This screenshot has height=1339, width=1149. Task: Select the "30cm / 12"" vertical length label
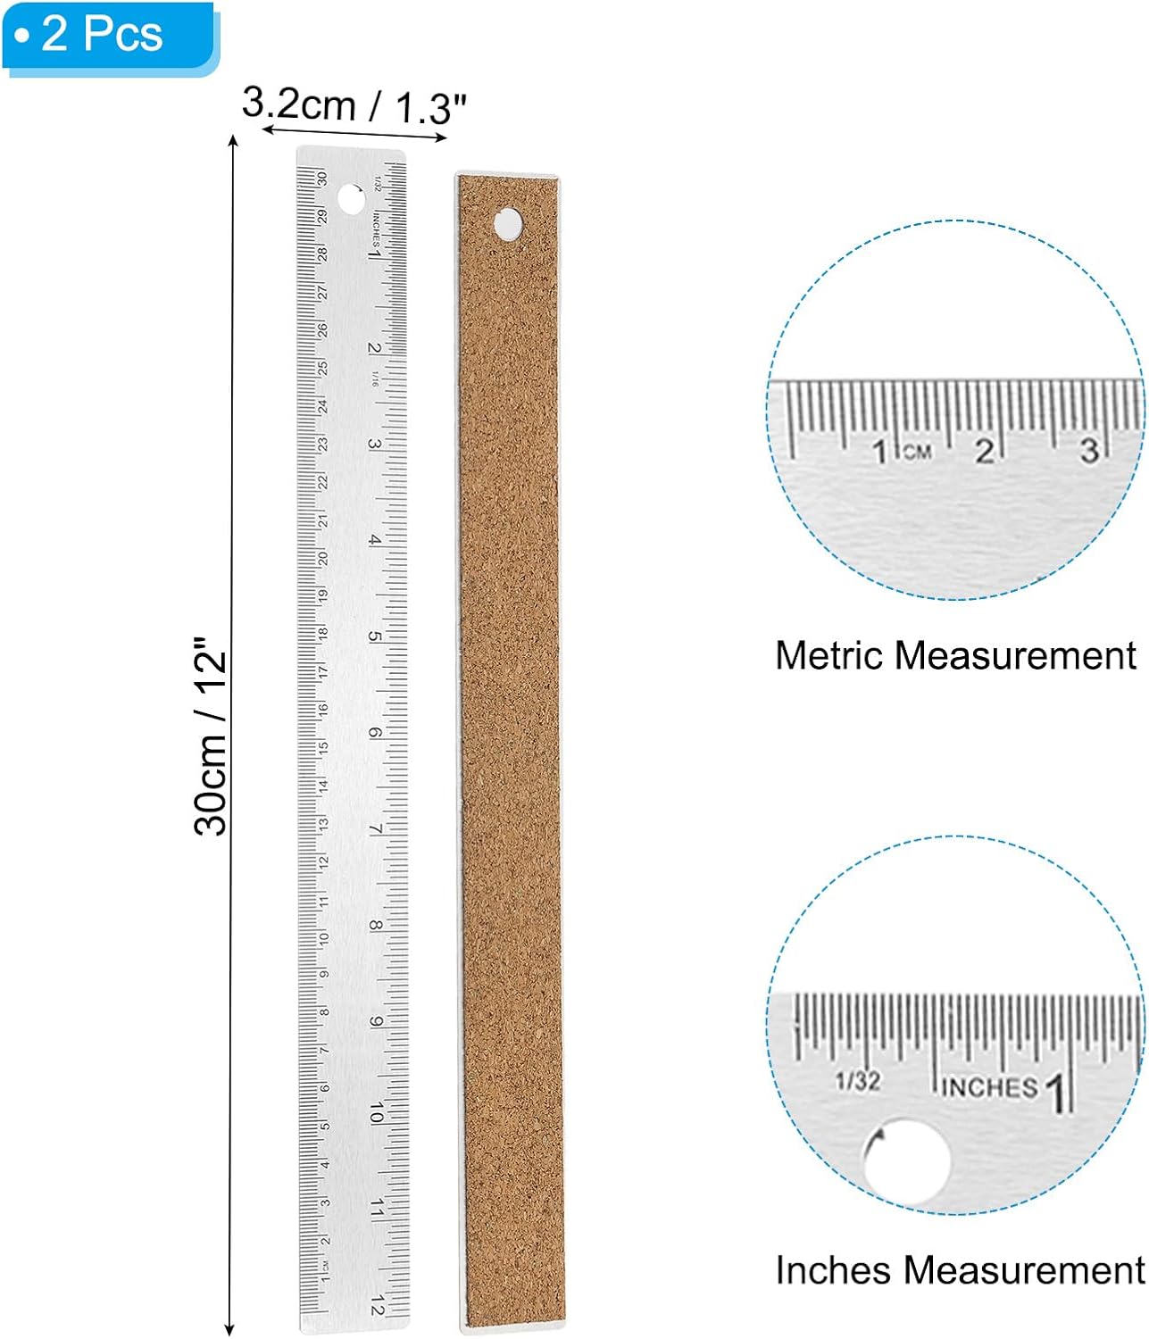(211, 736)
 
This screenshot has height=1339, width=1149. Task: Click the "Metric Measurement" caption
(954, 656)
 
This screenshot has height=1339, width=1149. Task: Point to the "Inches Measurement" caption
(959, 1270)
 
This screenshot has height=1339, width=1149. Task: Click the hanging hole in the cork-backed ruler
(508, 223)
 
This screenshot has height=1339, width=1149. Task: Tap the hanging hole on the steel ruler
(351, 200)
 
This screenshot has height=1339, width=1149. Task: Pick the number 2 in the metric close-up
(983, 451)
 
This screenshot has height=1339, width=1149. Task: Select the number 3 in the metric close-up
(1088, 450)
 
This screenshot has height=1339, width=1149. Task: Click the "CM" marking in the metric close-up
(917, 453)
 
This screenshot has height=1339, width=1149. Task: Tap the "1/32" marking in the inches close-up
(857, 1081)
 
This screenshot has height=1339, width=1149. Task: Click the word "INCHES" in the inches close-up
(989, 1087)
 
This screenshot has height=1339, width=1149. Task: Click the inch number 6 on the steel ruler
(376, 733)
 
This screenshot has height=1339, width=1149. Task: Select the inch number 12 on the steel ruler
(377, 1305)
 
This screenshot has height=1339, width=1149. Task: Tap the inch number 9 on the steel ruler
(376, 1021)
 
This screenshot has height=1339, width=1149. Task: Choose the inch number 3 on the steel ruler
(375, 444)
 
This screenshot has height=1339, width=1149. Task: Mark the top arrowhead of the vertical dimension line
(233, 140)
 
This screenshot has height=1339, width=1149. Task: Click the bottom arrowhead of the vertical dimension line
(230, 1329)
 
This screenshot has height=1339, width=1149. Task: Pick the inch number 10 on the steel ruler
(376, 1112)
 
